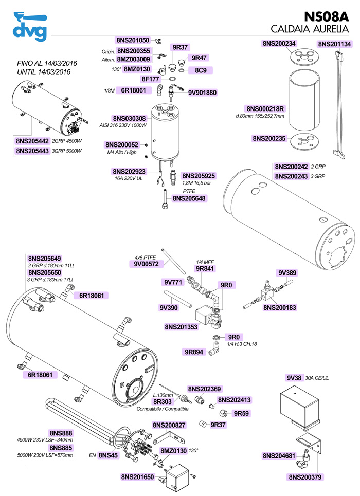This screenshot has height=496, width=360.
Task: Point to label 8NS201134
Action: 334,44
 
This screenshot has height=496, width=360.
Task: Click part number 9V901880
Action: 202,93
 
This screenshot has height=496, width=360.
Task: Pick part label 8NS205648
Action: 189,198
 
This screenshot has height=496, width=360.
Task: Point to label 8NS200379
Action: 305,476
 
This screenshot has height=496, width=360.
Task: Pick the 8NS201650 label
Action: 137,477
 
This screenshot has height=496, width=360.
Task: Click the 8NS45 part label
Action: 108,455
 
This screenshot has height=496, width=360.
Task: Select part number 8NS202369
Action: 204,389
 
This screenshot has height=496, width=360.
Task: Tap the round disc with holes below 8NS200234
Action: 302,58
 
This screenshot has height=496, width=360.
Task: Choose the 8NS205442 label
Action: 32,141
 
